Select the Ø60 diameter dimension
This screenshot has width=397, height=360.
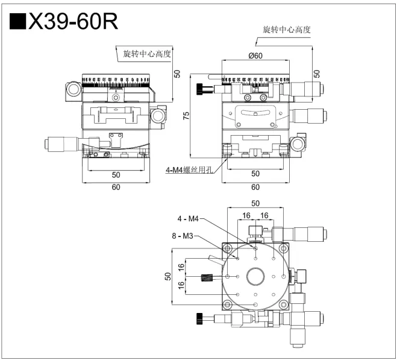[256, 55]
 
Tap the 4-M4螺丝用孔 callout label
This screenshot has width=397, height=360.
[190, 169]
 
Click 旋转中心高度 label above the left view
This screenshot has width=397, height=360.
[148, 54]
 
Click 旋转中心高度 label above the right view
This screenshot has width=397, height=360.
[287, 29]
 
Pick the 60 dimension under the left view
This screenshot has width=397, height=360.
[116, 187]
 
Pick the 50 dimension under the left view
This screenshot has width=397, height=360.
[116, 175]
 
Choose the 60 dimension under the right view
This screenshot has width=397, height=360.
[256, 187]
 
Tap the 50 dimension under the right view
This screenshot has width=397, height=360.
[256, 174]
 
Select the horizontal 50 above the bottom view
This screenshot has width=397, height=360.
[256, 203]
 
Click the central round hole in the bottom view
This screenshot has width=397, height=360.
[256, 277]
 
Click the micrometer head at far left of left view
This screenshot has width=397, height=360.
[57, 144]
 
